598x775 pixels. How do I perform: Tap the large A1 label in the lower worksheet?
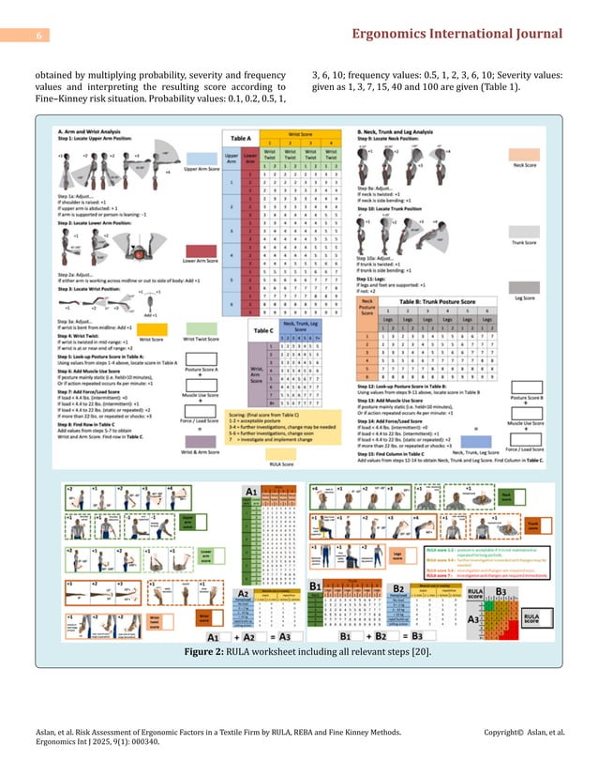251,491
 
